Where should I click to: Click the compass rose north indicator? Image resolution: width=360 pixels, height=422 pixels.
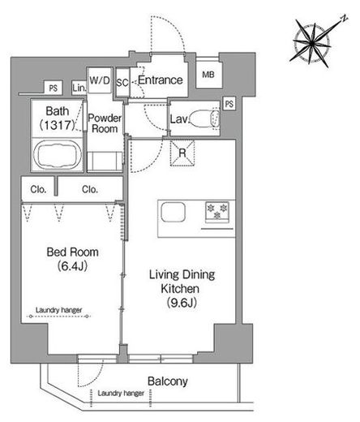[344, 19]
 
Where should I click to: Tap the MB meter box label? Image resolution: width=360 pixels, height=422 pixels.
[208, 75]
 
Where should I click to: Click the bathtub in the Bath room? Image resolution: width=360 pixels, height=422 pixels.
[58, 154]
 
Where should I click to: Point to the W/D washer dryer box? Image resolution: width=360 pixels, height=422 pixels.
[100, 80]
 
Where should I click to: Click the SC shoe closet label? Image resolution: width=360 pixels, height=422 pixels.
[122, 83]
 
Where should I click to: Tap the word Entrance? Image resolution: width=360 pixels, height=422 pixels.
[161, 80]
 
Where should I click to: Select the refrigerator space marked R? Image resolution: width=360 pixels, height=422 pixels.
[182, 153]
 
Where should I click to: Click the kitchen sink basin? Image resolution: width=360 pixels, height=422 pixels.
[174, 212]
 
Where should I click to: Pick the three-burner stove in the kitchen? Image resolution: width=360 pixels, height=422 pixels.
[217, 212]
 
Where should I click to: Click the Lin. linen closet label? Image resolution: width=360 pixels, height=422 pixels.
[79, 88]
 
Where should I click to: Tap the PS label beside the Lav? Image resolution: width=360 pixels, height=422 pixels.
[229, 104]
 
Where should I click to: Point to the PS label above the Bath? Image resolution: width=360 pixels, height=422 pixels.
[54, 88]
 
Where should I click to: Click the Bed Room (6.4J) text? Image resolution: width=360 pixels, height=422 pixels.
[72, 259]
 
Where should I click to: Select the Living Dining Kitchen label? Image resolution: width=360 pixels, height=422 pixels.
[182, 288]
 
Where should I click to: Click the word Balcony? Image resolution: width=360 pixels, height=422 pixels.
[168, 381]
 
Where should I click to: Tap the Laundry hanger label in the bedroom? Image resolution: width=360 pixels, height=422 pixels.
[59, 310]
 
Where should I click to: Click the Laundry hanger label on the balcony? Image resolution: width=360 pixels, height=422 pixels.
[121, 393]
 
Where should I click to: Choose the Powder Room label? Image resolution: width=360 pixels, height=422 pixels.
[105, 123]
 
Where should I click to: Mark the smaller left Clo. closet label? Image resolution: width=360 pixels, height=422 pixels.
[38, 189]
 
